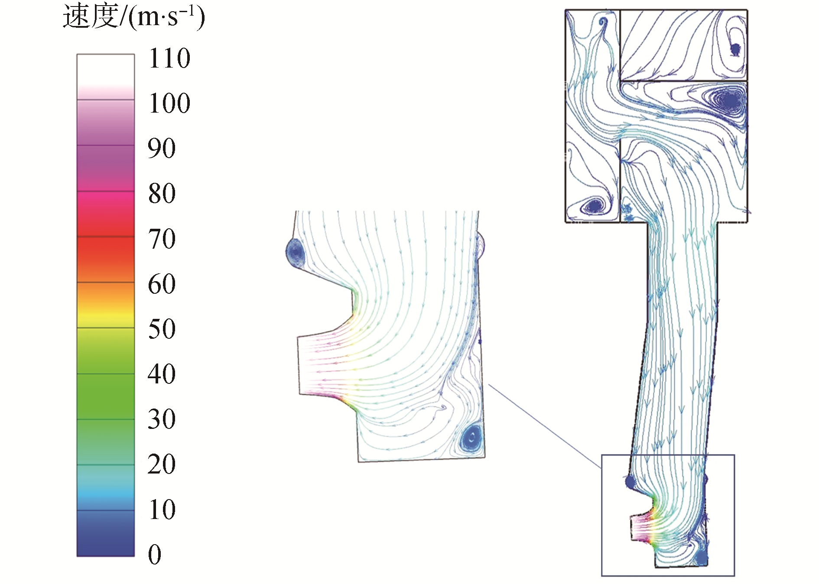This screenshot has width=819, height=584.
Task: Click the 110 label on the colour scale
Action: point(169,58)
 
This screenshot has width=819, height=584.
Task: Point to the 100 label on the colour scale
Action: point(169,103)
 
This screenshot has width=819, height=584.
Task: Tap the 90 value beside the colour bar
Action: point(162,148)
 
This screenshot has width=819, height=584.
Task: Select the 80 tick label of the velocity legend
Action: point(162,193)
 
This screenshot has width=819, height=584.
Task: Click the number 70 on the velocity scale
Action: point(162,239)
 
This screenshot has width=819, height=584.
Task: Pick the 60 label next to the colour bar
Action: point(162,284)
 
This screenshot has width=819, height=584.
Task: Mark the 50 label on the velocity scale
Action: point(162,329)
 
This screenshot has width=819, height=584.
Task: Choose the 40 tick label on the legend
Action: point(162,374)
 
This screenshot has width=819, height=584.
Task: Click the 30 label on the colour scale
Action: point(162,419)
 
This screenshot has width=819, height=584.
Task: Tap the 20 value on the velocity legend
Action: point(162,464)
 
